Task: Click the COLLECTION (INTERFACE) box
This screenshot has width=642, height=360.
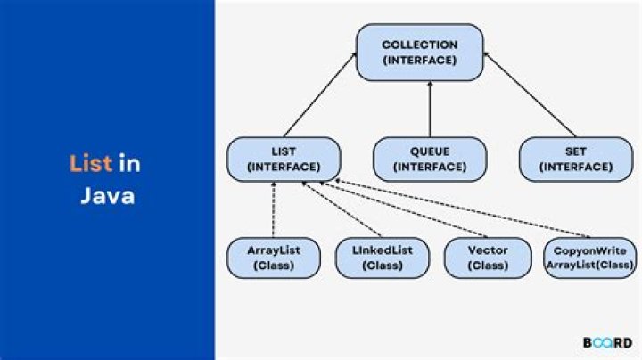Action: [x=419, y=52]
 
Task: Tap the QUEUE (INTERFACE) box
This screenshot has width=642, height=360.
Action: [x=430, y=159]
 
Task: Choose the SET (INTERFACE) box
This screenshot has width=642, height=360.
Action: [x=567, y=159]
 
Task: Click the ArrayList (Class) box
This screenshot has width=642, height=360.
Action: [x=272, y=257]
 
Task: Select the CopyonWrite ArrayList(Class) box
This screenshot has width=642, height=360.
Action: [x=589, y=257]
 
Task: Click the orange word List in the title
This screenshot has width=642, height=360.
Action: [x=91, y=163]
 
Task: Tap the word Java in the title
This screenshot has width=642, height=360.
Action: [x=108, y=196]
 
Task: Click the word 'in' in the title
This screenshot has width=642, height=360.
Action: [x=130, y=163]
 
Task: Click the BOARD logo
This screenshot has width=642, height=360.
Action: [x=608, y=342]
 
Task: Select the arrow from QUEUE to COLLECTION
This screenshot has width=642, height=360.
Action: [x=430, y=109]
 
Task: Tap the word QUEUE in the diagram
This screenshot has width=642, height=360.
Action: [x=430, y=152]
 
